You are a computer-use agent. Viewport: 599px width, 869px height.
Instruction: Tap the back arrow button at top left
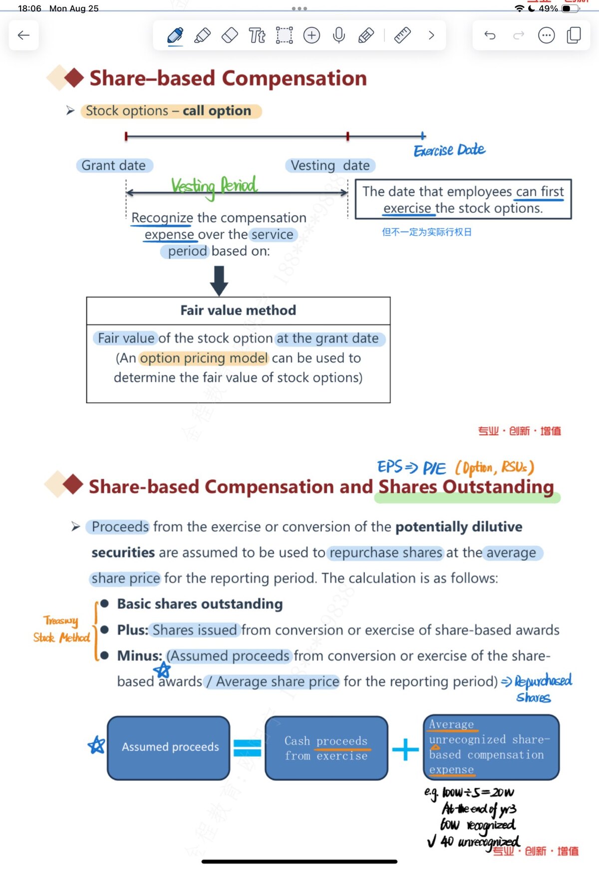[23, 35]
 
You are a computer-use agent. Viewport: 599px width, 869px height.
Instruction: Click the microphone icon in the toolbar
[339, 35]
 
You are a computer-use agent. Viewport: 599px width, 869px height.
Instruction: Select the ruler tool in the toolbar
[402, 35]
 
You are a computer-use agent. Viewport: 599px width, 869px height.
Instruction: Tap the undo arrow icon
[490, 35]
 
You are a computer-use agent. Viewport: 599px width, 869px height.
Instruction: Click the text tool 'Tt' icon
[257, 35]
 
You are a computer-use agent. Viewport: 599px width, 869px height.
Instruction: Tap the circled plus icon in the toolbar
[311, 35]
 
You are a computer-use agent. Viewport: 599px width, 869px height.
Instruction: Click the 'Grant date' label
[114, 165]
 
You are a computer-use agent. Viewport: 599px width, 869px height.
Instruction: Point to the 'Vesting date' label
[330, 165]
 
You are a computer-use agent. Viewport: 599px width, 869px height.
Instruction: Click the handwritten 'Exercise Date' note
[449, 150]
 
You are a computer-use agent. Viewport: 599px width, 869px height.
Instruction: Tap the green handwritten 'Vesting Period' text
[214, 186]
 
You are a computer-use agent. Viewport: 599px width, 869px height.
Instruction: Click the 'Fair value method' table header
[238, 311]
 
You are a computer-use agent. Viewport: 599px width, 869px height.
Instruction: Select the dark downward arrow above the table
[219, 281]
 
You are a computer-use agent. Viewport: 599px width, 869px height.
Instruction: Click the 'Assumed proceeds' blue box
[169, 748]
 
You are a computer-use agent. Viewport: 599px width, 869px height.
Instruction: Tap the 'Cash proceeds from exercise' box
[326, 748]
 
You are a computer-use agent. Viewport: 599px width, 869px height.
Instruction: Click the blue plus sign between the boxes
[405, 749]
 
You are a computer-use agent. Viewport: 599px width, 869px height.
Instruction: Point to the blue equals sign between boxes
[248, 748]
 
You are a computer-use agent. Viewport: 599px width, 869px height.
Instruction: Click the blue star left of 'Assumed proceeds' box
[96, 745]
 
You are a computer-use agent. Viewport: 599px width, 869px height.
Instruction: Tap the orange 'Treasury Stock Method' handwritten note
[61, 629]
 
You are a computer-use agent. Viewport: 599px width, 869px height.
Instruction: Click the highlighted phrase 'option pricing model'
[204, 358]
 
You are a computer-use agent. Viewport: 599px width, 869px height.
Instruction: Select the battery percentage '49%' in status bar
[548, 8]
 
